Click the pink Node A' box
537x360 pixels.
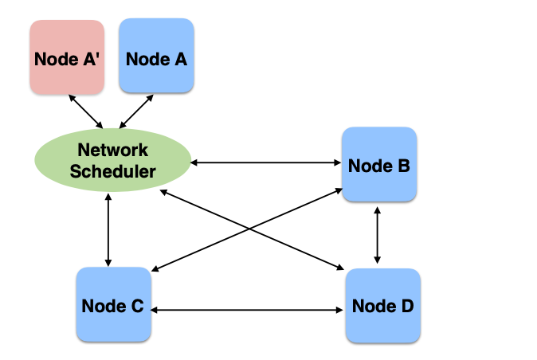(67, 57)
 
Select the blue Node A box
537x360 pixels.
(156, 57)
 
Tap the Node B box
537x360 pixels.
(379, 165)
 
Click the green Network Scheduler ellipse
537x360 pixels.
(112, 158)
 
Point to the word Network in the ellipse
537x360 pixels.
(112, 149)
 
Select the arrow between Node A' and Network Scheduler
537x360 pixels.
(86, 111)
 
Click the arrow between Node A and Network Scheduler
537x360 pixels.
(136, 111)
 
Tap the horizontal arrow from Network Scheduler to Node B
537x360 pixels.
(266, 163)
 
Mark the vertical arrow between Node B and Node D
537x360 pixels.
(378, 234)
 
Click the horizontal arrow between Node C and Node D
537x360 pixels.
(246, 309)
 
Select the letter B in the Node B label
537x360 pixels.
(403, 166)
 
